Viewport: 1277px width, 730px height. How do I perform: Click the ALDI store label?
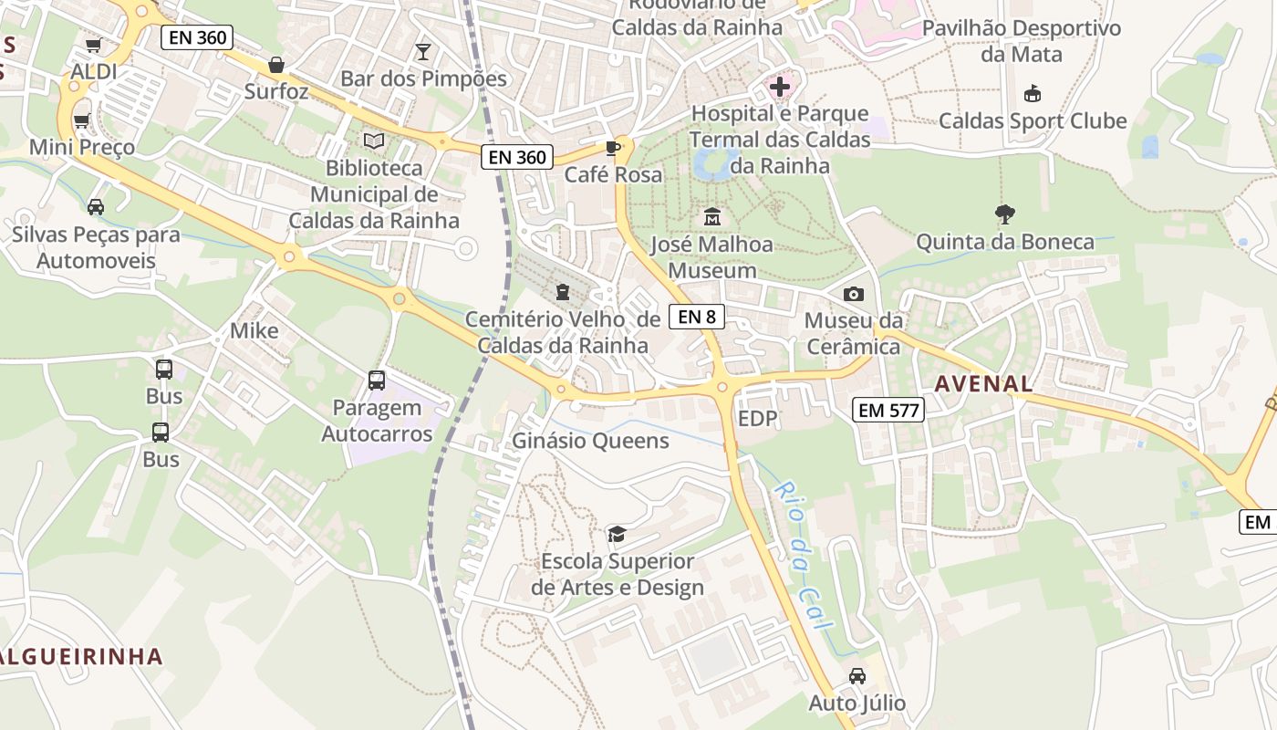(x=94, y=71)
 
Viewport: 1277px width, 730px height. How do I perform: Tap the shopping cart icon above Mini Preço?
(x=82, y=120)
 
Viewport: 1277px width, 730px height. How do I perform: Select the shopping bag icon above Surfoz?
(x=276, y=65)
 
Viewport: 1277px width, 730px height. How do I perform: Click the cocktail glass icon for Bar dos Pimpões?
(x=422, y=51)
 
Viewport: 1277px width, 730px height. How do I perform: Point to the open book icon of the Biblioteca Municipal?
(x=374, y=141)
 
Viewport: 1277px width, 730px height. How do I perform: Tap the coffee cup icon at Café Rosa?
(x=613, y=148)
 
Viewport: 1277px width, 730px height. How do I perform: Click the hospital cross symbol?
(x=780, y=88)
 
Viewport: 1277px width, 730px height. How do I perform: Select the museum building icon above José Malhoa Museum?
(x=712, y=217)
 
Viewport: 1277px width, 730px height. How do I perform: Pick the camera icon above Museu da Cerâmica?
(x=854, y=294)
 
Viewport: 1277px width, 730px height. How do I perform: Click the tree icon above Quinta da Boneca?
(x=1005, y=214)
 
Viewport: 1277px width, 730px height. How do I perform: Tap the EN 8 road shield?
(x=697, y=317)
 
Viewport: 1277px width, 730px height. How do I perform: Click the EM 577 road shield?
(x=889, y=410)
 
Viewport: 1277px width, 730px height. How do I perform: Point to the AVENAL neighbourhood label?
(x=983, y=384)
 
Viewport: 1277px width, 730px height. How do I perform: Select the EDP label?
(x=758, y=419)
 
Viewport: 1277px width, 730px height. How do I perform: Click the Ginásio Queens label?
(x=590, y=441)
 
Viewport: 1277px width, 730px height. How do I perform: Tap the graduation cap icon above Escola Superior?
(x=618, y=534)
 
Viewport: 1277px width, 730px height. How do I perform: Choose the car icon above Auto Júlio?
(x=857, y=676)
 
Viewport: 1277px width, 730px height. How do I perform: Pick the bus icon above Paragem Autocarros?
(x=377, y=381)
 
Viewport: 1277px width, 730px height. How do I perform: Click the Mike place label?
(x=254, y=330)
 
